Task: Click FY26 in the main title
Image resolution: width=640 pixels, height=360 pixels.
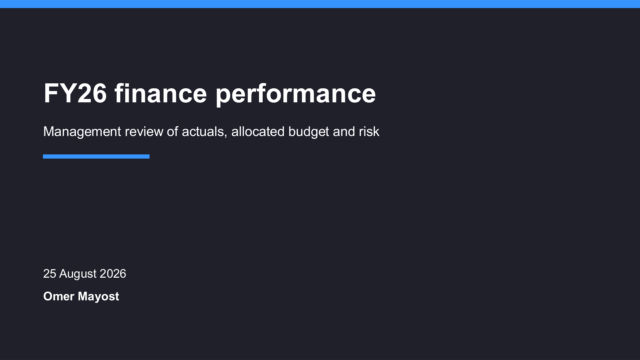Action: click(x=75, y=93)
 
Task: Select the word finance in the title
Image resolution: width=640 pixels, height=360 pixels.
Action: click(x=161, y=93)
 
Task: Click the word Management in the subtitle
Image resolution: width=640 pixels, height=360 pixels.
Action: click(x=82, y=132)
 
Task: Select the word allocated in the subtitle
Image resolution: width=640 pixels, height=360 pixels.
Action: click(x=258, y=132)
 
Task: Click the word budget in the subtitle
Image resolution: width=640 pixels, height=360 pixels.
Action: click(x=309, y=132)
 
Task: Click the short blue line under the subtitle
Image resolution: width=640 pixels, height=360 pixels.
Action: click(x=96, y=156)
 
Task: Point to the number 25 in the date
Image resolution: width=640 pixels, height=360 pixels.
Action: click(x=50, y=274)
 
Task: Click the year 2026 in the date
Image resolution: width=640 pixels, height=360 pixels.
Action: click(x=113, y=274)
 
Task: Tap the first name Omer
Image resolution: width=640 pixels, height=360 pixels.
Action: click(x=59, y=296)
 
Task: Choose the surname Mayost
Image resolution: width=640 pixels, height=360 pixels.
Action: click(x=98, y=297)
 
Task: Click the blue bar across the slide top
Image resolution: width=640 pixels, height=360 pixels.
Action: click(x=320, y=4)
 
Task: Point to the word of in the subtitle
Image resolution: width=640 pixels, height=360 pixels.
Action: click(x=172, y=132)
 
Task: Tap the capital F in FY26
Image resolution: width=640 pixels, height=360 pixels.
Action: click(x=50, y=93)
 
